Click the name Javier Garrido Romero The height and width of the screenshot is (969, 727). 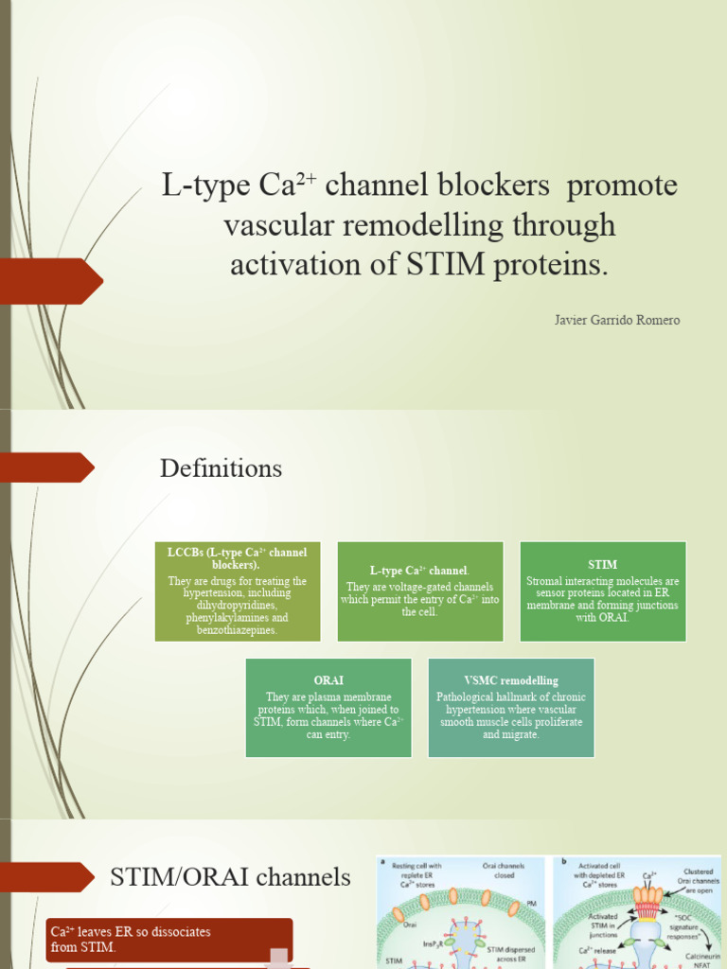(x=616, y=320)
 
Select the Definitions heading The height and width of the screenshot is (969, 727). (x=221, y=468)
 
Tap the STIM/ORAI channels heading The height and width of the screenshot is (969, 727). (x=230, y=877)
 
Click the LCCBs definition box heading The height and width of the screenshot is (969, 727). (x=238, y=557)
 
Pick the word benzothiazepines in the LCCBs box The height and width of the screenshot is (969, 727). (x=238, y=630)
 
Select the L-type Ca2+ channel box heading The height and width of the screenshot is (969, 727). (x=419, y=571)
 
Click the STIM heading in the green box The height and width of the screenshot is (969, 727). (x=602, y=565)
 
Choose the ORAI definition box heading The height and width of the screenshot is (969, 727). (x=328, y=680)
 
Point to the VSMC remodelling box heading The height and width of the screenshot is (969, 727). (x=511, y=680)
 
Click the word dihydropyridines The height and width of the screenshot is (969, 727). (x=238, y=606)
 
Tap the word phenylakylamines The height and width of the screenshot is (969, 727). (x=238, y=618)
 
